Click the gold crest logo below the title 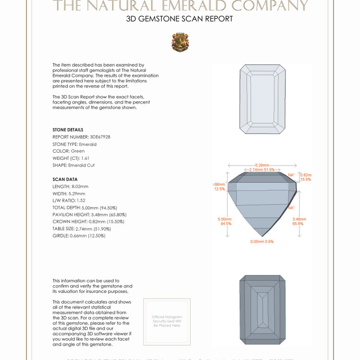(x=180, y=42)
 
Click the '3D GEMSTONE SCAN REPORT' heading (x=180, y=19)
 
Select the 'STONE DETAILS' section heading (x=68, y=130)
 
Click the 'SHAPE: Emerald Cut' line (x=73, y=165)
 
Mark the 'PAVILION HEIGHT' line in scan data (x=89, y=215)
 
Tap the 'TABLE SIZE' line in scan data (x=82, y=229)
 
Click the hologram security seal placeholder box (x=167, y=321)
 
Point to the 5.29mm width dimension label (x=262, y=165)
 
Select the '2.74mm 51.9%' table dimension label (x=262, y=170)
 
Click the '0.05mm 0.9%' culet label (x=262, y=241)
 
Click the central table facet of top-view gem (x=262, y=99)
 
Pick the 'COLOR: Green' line (x=68, y=151)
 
